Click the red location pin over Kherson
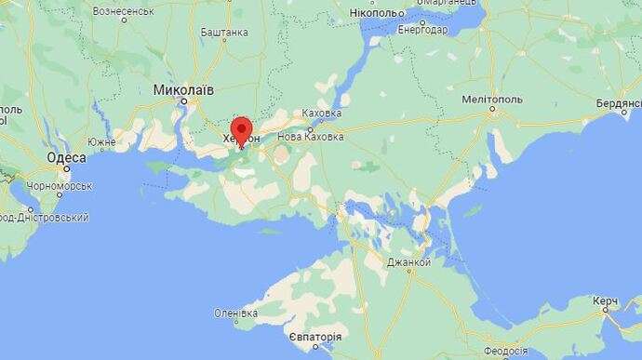pos(242,129)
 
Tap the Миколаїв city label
pos(183,90)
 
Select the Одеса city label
pos(67,158)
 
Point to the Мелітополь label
pos(494,98)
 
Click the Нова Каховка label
pos(311,137)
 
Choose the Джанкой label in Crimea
pos(408,262)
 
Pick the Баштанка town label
pos(224,32)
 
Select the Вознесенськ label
pos(123,11)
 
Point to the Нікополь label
pos(377,13)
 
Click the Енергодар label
pos(421,30)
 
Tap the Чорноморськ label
pos(60,186)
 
